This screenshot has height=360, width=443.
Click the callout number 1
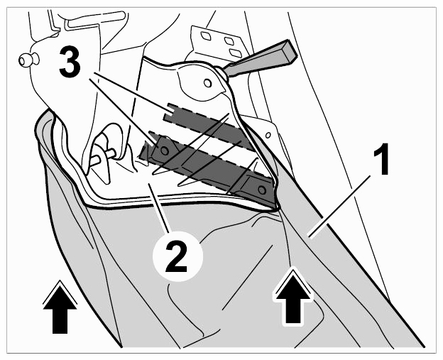pos(381,159)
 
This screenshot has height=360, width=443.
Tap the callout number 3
pos(70,62)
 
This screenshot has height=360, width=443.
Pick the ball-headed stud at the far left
pos(28,60)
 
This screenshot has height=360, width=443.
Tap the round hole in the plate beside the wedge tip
pos(207,83)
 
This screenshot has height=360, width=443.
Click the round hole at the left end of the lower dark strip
pos(164,151)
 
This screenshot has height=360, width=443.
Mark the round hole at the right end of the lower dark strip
pos(262,190)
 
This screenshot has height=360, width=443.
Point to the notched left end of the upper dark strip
pos(169,112)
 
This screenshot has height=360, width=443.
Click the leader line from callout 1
pos(339,207)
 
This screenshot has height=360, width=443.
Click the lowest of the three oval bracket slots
pos(234,53)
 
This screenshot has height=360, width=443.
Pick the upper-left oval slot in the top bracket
pos(205,36)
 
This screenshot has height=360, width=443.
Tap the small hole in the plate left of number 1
pos(268,135)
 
